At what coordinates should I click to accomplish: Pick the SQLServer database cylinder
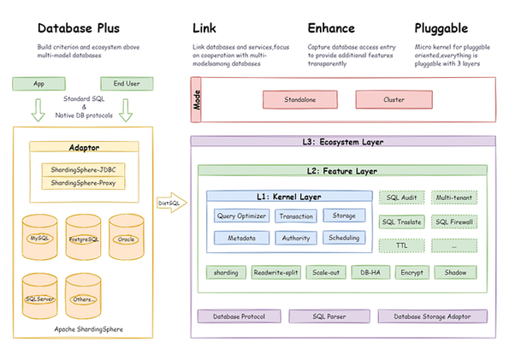(39, 298)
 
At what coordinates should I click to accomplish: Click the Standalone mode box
(299, 100)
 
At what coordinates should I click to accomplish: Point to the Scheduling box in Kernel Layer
(344, 238)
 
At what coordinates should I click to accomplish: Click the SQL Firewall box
(453, 221)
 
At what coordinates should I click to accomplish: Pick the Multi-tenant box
(453, 198)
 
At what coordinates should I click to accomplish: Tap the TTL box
(401, 245)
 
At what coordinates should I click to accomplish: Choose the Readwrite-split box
(275, 273)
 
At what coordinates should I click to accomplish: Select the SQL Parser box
(328, 316)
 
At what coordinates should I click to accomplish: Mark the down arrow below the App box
(38, 109)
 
